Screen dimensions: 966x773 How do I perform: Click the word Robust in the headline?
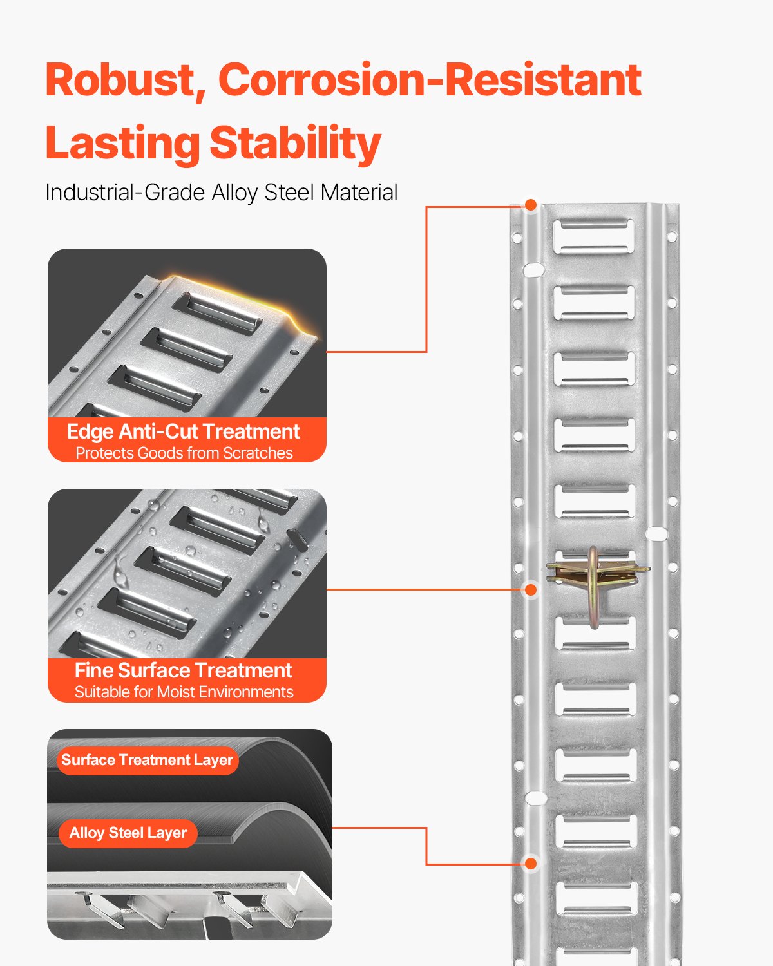pyautogui.click(x=120, y=80)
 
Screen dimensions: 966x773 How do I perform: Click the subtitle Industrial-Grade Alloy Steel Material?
pyautogui.click(x=221, y=193)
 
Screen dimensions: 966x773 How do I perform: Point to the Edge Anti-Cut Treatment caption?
pyautogui.click(x=184, y=431)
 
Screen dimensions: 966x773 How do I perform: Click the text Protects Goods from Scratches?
pyautogui.click(x=184, y=453)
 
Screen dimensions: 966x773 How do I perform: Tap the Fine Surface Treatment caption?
pyautogui.click(x=184, y=670)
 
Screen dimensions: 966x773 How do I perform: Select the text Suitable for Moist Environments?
pyautogui.click(x=184, y=692)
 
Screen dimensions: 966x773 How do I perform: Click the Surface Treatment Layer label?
pyautogui.click(x=147, y=760)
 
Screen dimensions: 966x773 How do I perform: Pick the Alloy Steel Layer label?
pyautogui.click(x=128, y=833)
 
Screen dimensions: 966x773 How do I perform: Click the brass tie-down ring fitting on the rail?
pyautogui.click(x=596, y=580)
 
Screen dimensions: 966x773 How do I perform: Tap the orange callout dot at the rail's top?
pyautogui.click(x=531, y=205)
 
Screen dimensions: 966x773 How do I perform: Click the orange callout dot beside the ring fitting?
pyautogui.click(x=531, y=589)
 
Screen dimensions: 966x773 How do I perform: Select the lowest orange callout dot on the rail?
pyautogui.click(x=531, y=864)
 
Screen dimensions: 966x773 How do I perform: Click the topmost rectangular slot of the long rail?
pyautogui.click(x=593, y=236)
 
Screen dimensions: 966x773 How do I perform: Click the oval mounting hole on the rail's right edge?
pyautogui.click(x=656, y=533)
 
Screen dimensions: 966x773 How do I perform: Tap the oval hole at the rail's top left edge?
pyautogui.click(x=533, y=270)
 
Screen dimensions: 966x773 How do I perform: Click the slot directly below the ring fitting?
pyautogui.click(x=595, y=634)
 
